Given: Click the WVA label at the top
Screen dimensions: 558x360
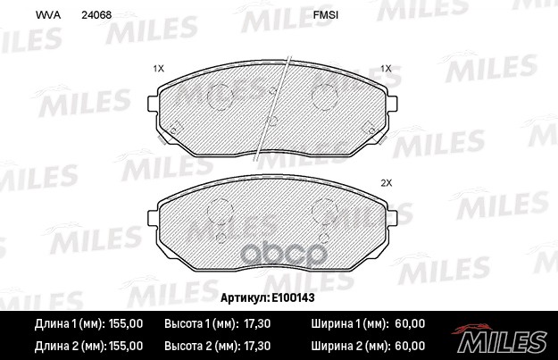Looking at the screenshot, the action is (47, 15).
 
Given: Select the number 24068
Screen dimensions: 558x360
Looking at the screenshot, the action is (96, 15).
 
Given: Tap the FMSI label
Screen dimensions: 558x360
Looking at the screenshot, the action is (326, 15).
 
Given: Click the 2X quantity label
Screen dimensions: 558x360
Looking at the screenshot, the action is (386, 183).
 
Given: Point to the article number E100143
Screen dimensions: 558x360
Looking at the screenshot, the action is (293, 297).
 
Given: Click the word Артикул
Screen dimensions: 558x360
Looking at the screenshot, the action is (245, 297).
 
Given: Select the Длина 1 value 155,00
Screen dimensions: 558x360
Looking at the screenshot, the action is (126, 323).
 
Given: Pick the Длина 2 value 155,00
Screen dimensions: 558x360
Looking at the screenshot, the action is (126, 346).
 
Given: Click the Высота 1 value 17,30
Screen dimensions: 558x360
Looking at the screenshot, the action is (257, 323).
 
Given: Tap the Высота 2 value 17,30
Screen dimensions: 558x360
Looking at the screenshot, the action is (257, 346).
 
